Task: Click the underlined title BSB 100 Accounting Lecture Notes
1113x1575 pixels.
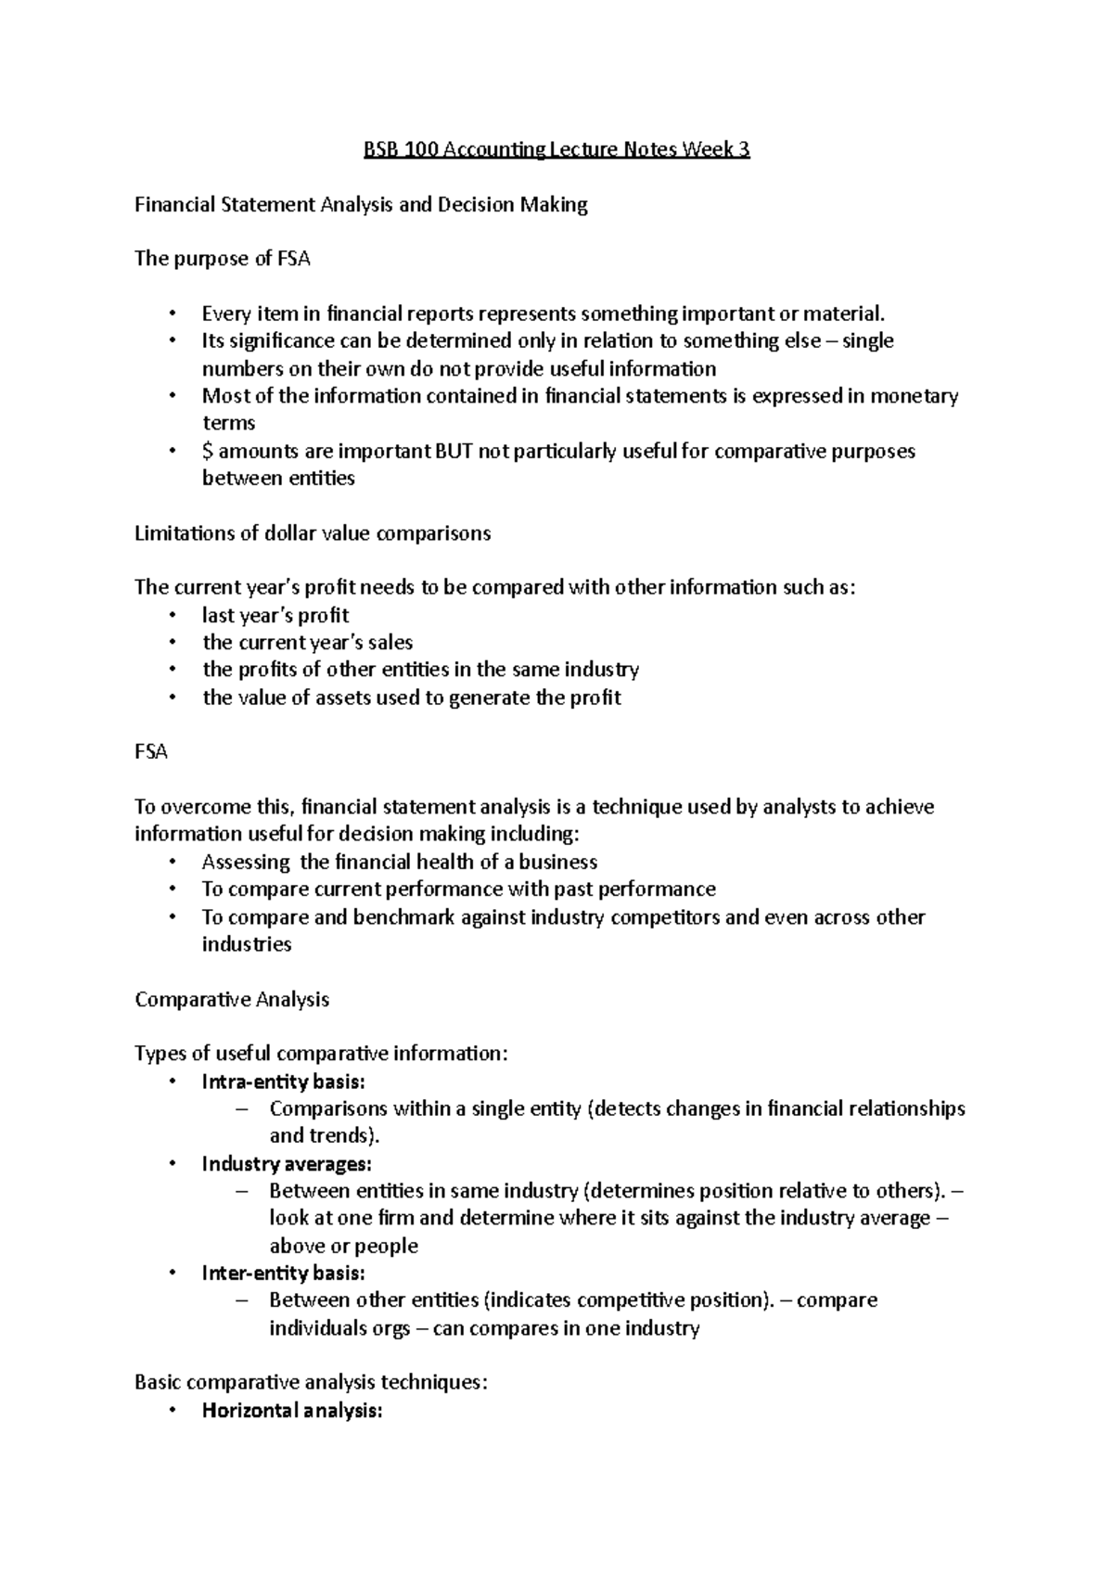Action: click(556, 149)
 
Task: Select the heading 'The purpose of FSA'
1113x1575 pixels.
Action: click(222, 259)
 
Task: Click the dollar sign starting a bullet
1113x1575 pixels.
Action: click(207, 452)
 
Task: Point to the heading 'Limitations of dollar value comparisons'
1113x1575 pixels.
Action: click(313, 533)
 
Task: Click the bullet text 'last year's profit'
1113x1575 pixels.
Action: click(275, 615)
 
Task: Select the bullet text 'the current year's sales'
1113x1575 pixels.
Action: click(307, 642)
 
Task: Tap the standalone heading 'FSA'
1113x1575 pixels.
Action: click(151, 752)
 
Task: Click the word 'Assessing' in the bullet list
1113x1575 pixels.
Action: click(246, 862)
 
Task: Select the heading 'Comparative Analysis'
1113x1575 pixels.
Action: click(232, 999)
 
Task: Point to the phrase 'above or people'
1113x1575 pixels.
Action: click(343, 1246)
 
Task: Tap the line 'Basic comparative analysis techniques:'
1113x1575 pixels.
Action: click(311, 1382)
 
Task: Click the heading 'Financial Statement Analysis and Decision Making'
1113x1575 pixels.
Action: click(361, 204)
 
